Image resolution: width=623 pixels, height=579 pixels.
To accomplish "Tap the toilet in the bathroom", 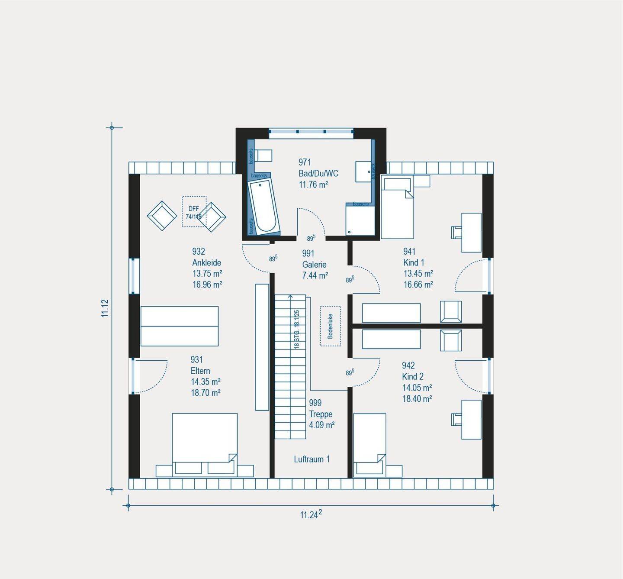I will pos(263,155).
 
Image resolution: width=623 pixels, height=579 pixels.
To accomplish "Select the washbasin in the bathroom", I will pos(363,171).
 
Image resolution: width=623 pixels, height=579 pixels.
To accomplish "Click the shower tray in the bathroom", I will pos(360,220).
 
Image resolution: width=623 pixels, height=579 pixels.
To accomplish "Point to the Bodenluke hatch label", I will pos(331,326).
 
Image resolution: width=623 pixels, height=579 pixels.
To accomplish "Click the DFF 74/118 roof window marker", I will pos(194,212).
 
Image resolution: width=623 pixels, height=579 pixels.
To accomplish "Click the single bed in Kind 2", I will pos(369,440).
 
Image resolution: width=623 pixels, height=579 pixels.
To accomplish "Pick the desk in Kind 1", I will pos(471,233).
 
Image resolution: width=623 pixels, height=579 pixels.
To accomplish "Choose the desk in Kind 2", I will pos(471,420).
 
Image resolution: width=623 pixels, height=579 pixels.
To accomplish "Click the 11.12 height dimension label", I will pos(105,308).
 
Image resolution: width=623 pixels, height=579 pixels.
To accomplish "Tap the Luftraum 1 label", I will pos(311,459).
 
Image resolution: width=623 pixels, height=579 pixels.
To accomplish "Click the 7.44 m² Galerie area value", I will pos(315,275).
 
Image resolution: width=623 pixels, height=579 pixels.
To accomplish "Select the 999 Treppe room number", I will pos(315,403).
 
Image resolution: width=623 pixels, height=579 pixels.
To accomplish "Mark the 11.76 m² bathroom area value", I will pos(313,184).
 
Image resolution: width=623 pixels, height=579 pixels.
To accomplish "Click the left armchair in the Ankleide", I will pos(162,215).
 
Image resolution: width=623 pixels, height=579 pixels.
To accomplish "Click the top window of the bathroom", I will pos(311,133).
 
